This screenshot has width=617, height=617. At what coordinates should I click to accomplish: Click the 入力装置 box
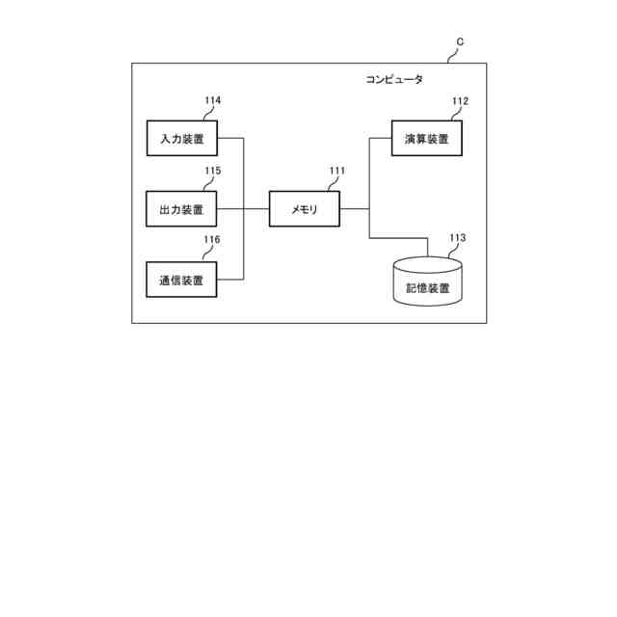coord(181,138)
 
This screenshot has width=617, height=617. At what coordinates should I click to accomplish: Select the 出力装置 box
coord(181,209)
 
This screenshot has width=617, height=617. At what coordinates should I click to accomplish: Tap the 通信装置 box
coord(181,280)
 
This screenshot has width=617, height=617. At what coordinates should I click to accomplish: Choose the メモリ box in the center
coord(305,209)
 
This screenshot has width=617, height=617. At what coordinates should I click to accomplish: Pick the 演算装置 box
coord(427,138)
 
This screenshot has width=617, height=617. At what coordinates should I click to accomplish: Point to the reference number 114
coord(212,100)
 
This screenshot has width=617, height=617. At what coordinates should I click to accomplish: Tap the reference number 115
coord(212,172)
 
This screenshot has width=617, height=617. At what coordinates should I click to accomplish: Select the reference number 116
coord(212,240)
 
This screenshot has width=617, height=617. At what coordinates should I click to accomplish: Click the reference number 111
coord(336,172)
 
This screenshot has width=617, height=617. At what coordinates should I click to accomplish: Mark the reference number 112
coord(460,100)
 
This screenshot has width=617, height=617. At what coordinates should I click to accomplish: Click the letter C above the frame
coord(460,41)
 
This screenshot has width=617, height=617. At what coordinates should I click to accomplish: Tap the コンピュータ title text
coord(393,80)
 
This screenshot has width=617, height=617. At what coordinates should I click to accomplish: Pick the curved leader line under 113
coord(453,251)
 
